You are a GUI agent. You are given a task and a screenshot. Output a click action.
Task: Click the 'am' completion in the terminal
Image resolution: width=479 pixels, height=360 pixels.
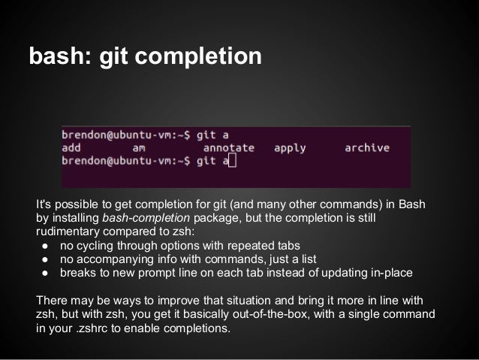pos(138,148)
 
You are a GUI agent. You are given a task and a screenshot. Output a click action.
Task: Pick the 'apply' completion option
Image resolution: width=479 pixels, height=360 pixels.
pos(290,148)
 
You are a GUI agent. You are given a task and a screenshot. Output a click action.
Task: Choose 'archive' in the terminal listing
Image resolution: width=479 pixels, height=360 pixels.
pos(367,148)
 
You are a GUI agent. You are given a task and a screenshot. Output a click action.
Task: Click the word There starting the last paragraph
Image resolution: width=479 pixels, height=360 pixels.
pos(52,301)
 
